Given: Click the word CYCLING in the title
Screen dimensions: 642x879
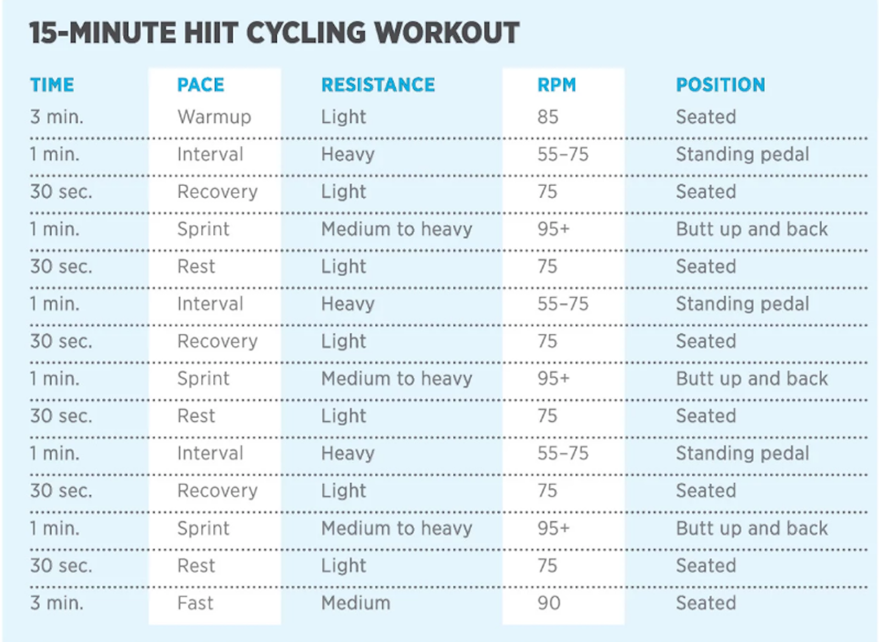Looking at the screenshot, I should tap(306, 33).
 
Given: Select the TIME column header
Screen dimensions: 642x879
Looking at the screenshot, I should tap(52, 85).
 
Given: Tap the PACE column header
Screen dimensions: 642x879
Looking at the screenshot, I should tap(201, 85).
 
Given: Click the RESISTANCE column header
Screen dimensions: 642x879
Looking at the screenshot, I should tap(378, 85).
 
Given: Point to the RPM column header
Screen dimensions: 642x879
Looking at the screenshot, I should tap(557, 85).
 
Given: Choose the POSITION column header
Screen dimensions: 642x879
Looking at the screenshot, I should tap(720, 85).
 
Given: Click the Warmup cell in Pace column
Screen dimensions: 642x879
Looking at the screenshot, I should tap(214, 117).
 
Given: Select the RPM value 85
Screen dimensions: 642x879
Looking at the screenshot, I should tap(548, 117).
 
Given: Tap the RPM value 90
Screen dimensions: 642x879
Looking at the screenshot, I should tap(549, 603).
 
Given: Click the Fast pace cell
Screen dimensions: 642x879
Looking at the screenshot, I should tap(195, 603).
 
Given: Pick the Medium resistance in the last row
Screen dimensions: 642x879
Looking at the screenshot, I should tap(355, 603).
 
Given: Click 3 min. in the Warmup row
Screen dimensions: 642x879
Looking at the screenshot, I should tap(57, 117).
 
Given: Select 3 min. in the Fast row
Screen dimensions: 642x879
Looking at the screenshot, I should tap(57, 603).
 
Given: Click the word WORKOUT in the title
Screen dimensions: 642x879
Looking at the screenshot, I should tap(447, 33).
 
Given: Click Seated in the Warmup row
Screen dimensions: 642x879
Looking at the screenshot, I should tap(705, 117).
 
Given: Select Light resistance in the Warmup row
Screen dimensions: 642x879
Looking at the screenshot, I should tap(343, 117).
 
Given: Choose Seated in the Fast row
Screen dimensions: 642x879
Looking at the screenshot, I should tap(705, 603).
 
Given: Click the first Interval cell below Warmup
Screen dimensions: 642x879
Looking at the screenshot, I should tap(210, 154).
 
